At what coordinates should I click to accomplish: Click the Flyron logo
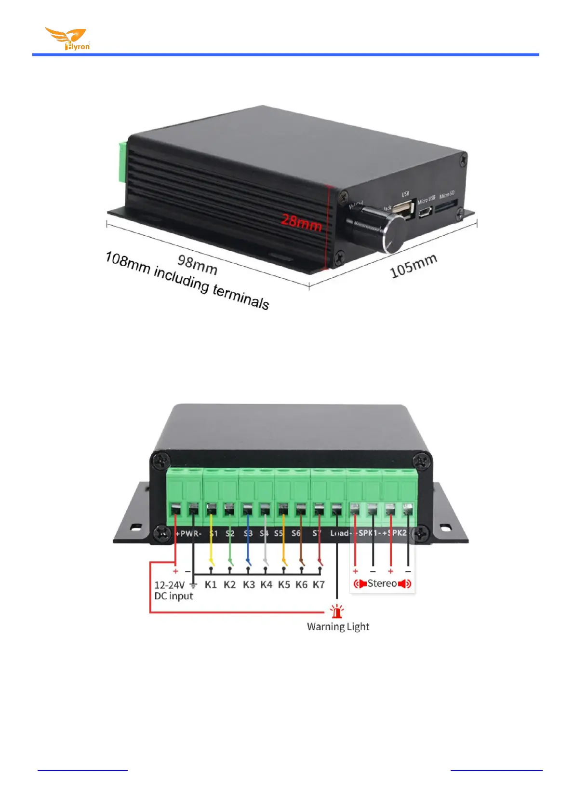tap(67, 39)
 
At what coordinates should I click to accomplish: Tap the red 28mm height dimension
tap(301, 222)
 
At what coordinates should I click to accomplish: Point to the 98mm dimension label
tap(198, 264)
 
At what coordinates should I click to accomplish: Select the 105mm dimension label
tap(413, 266)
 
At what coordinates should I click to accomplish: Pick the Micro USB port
tap(425, 212)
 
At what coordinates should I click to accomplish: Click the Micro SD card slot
tap(446, 208)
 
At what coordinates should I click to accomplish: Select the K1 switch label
tap(211, 585)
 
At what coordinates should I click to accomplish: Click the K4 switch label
tap(266, 585)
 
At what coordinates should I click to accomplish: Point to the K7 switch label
tap(319, 585)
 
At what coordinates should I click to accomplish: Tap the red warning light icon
tap(337, 611)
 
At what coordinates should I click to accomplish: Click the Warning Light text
tap(338, 627)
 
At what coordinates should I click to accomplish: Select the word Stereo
tap(382, 583)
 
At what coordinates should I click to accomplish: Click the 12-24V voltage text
tap(169, 585)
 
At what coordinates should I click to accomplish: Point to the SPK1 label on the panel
tap(369, 533)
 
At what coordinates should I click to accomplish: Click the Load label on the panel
tap(339, 533)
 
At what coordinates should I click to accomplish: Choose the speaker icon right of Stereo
tap(405, 584)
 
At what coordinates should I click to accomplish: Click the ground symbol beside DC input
tap(193, 585)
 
